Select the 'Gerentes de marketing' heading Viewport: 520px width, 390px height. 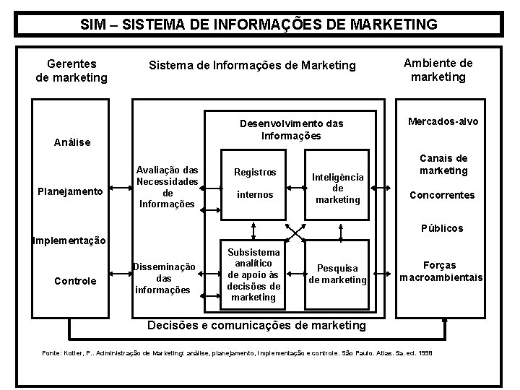71,70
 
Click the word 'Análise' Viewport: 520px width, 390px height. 72,142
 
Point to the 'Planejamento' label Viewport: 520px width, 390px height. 70,192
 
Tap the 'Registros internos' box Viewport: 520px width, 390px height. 255,183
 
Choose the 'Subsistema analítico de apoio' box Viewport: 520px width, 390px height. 253,274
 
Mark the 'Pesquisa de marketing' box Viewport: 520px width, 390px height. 337,274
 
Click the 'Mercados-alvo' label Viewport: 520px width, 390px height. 443,121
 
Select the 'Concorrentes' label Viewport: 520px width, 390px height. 442,195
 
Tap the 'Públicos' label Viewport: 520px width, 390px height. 443,228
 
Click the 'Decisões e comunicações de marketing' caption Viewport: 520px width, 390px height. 256,325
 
